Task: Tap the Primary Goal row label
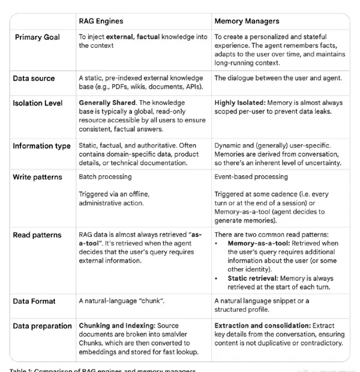tap(37, 37)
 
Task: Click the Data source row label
tap(34, 79)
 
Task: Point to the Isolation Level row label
tap(38, 103)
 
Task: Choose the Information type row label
tap(41, 146)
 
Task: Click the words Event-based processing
tap(251, 178)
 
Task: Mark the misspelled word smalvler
tap(181, 335)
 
